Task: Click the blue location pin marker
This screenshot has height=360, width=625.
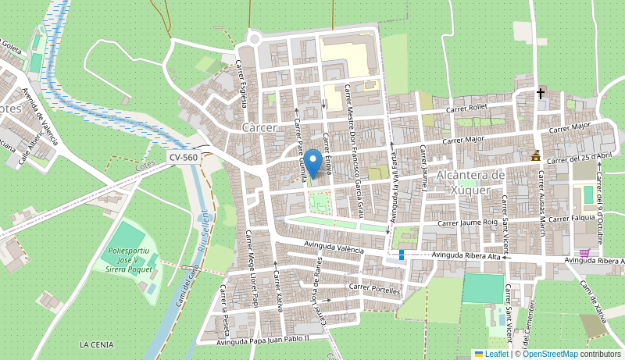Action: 312,162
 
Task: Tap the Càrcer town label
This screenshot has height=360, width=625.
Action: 259,127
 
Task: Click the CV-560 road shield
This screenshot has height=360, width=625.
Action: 184,157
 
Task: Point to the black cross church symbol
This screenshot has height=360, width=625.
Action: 540,94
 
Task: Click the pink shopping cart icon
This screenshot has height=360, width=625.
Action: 584,253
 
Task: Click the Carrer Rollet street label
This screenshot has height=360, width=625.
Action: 466,109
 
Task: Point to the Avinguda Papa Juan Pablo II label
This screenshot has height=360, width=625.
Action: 263,339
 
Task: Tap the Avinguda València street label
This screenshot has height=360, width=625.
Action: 334,248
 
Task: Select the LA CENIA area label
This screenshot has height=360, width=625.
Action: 96,344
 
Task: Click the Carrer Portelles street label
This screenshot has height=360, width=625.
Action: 374,289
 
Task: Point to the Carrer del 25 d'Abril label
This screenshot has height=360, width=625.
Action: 579,156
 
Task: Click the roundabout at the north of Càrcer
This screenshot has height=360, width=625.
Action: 254,37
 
